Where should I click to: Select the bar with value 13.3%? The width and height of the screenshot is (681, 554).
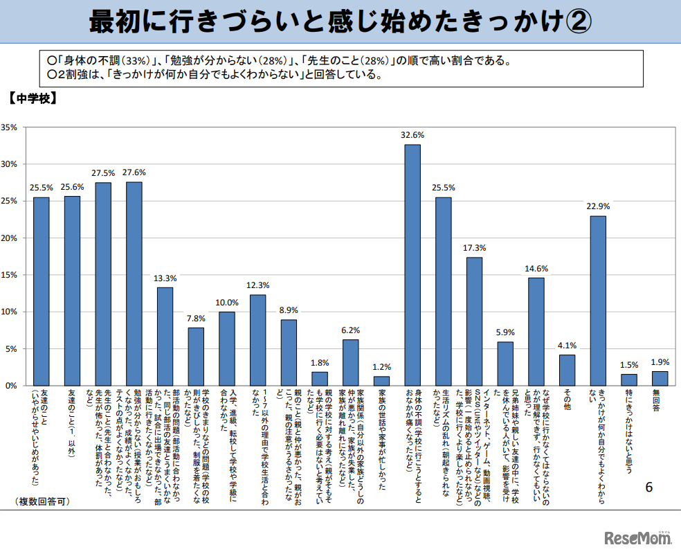(165, 336)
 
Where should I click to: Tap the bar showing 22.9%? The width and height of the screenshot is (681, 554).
(598, 301)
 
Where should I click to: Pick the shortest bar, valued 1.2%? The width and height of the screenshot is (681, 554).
(381, 381)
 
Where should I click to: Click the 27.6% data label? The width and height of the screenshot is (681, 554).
(134, 172)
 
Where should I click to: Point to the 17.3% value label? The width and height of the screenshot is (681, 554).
(474, 247)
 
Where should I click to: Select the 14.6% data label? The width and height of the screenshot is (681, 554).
(536, 268)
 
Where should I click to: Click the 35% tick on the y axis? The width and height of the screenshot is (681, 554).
(10, 127)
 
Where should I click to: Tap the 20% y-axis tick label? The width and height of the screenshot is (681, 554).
(10, 238)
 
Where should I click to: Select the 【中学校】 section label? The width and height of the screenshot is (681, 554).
(32, 98)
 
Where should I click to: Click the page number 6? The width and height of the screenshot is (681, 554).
(648, 487)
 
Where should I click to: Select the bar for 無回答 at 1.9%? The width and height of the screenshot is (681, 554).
(660, 378)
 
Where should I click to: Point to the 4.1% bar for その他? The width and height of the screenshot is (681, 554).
(567, 370)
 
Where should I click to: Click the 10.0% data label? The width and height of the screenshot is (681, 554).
(227, 302)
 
